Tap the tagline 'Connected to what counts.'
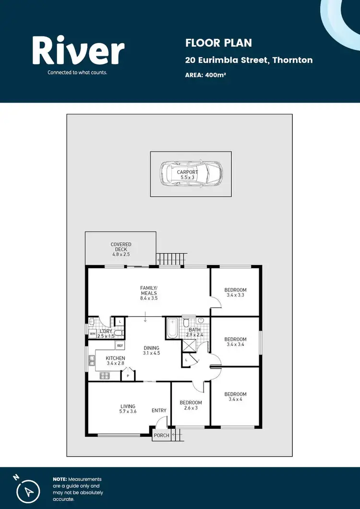[77, 73]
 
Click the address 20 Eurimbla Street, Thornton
[249, 60]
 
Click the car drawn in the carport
[191, 174]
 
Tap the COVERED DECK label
[120, 249]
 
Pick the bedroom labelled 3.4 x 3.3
[236, 292]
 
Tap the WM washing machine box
[92, 333]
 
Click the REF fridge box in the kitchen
[120, 345]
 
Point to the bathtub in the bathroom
[172, 328]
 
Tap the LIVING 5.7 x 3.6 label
[128, 409]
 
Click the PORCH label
[161, 436]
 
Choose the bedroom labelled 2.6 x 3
[191, 405]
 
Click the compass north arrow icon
[27, 490]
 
